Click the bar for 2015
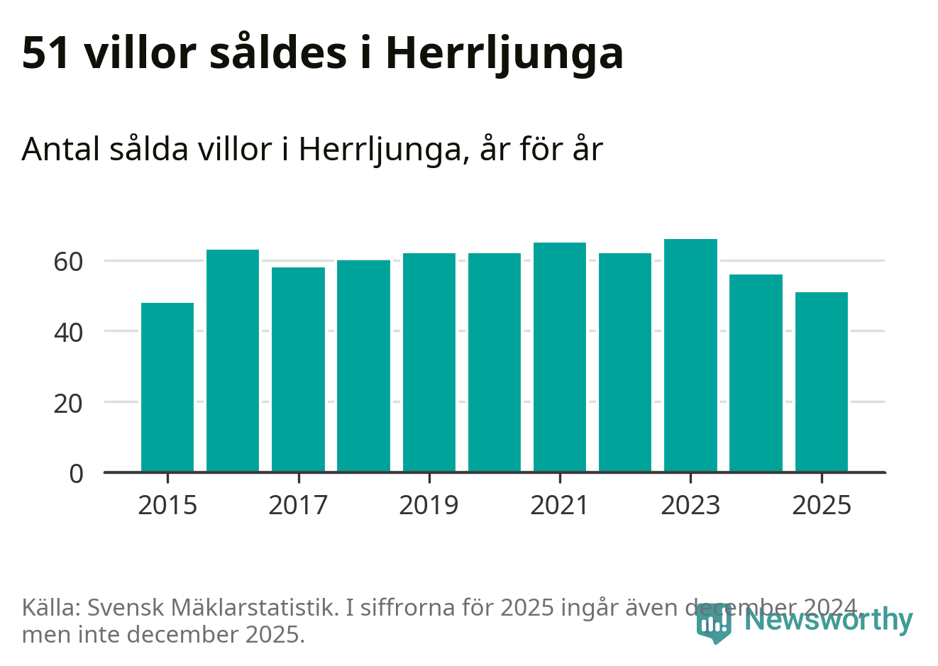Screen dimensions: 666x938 pyautogui.click(x=167, y=387)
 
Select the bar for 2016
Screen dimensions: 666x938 pyautogui.click(x=233, y=360)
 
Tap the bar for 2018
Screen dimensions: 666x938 pyautogui.click(x=363, y=366)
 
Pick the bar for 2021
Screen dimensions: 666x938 pyautogui.click(x=560, y=357)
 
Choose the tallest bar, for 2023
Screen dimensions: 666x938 pyautogui.click(x=690, y=355)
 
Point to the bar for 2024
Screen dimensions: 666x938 pyautogui.click(x=756, y=373)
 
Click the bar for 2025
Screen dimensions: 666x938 pyautogui.click(x=821, y=382)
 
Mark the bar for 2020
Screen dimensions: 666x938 pyautogui.click(x=495, y=362)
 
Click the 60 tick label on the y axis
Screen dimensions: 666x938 pyautogui.click(x=68, y=262)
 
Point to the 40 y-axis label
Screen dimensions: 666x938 pyautogui.click(x=68, y=332)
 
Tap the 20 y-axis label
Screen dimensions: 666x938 pyautogui.click(x=68, y=403)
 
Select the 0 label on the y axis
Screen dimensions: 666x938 pyautogui.click(x=76, y=473)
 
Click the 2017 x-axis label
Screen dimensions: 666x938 pyautogui.click(x=298, y=505)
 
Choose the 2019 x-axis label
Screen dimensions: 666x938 pyautogui.click(x=429, y=505)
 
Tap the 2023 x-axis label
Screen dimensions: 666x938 pyautogui.click(x=690, y=505)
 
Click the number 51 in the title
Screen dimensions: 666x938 pyautogui.click(x=47, y=52)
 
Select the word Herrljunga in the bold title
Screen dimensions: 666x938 pyautogui.click(x=504, y=54)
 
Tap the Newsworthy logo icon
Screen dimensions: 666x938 pyautogui.click(x=713, y=623)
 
